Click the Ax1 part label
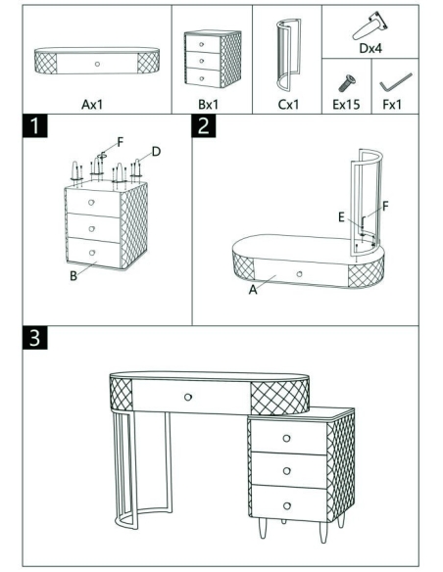pyautogui.click(x=92, y=105)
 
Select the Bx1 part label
pyautogui.click(x=208, y=105)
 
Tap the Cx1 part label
pyautogui.click(x=288, y=105)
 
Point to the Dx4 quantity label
pyautogui.click(x=370, y=48)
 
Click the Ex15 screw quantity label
pyautogui.click(x=346, y=105)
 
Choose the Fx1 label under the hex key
pyautogui.click(x=392, y=105)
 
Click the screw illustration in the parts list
pyautogui.click(x=346, y=83)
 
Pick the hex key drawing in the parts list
pyautogui.click(x=396, y=82)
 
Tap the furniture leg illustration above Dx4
pyautogui.click(x=369, y=26)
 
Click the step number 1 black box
pyautogui.click(x=34, y=125)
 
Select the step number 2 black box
pyautogui.click(x=204, y=125)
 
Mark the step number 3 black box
pyautogui.click(x=34, y=338)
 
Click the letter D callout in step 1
pyautogui.click(x=156, y=152)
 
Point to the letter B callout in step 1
pyautogui.click(x=74, y=276)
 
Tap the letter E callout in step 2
pyautogui.click(x=341, y=217)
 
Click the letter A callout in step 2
pyautogui.click(x=253, y=290)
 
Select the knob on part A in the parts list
pyautogui.click(x=97, y=65)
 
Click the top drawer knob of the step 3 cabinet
pyautogui.click(x=286, y=438)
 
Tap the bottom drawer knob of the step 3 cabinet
pyautogui.click(x=287, y=506)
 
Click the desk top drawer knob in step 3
pyautogui.click(x=188, y=397)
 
